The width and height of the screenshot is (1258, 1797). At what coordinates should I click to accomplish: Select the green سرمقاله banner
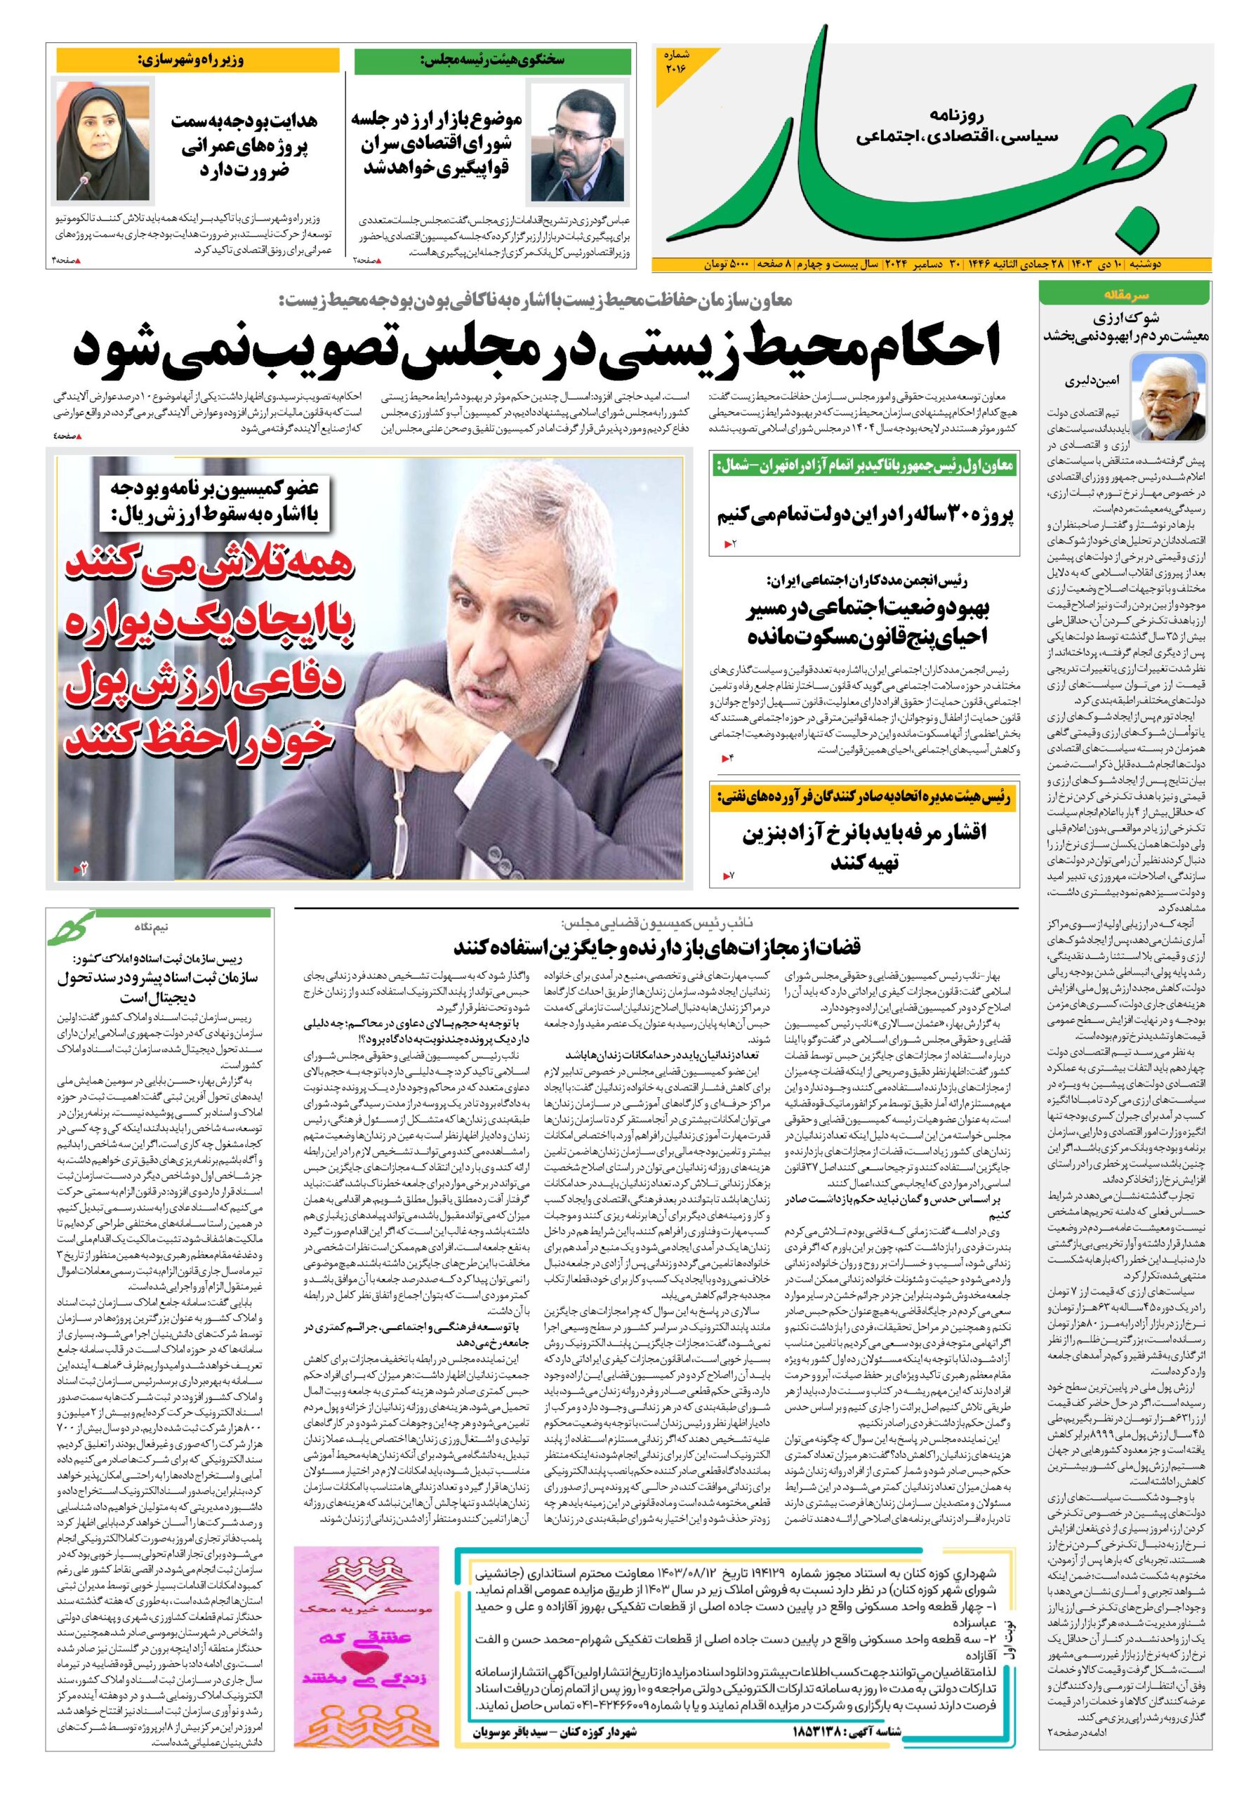tap(1124, 295)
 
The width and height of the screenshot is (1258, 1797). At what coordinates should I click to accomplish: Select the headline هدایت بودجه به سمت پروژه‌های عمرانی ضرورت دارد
tap(243, 145)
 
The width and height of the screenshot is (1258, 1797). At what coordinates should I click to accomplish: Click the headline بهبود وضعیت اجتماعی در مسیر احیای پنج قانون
tap(866, 621)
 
